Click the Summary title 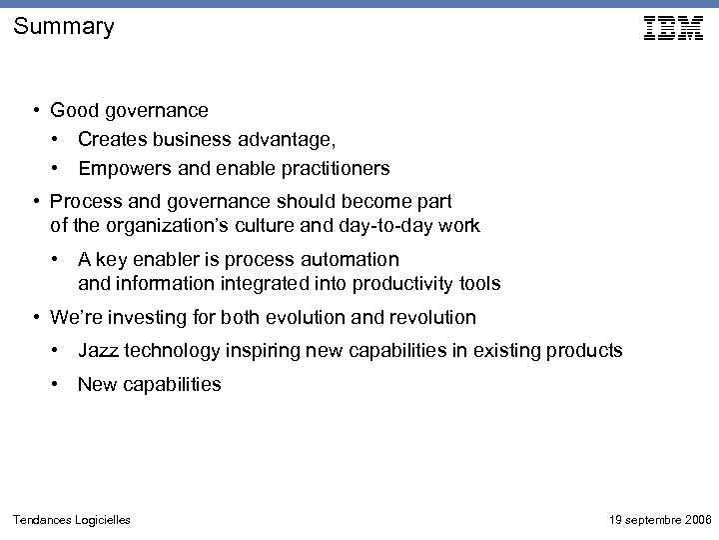pyautogui.click(x=64, y=27)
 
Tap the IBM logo pyautogui.click(x=673, y=28)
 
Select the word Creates pyautogui.click(x=111, y=139)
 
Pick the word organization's pyautogui.click(x=166, y=226)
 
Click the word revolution pyautogui.click(x=431, y=318)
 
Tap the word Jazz pyautogui.click(x=99, y=351)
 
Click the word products pyautogui.click(x=585, y=351)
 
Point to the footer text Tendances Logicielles pyautogui.click(x=71, y=519)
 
